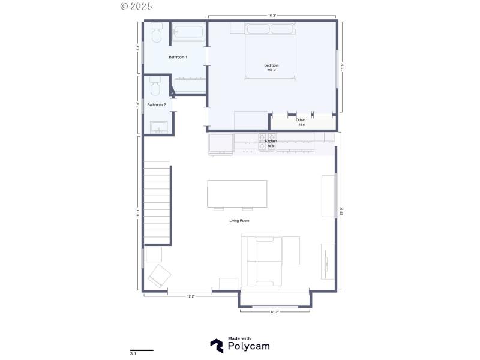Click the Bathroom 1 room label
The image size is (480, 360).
click(x=178, y=57)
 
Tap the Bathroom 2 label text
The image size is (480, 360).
click(x=157, y=104)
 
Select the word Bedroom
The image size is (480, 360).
click(x=271, y=65)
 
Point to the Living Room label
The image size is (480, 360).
click(x=239, y=221)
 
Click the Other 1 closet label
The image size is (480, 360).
click(x=301, y=120)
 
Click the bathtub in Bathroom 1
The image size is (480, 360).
click(x=188, y=34)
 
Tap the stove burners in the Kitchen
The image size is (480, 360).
click(x=266, y=142)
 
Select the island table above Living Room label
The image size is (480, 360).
click(x=237, y=193)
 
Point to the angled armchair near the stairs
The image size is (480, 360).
click(x=160, y=275)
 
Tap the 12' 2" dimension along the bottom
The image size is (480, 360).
click(x=190, y=296)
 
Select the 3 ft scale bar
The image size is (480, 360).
click(x=142, y=350)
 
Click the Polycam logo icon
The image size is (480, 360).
click(x=217, y=346)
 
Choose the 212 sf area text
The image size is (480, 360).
click(x=271, y=70)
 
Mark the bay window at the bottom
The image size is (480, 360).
click(x=275, y=307)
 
